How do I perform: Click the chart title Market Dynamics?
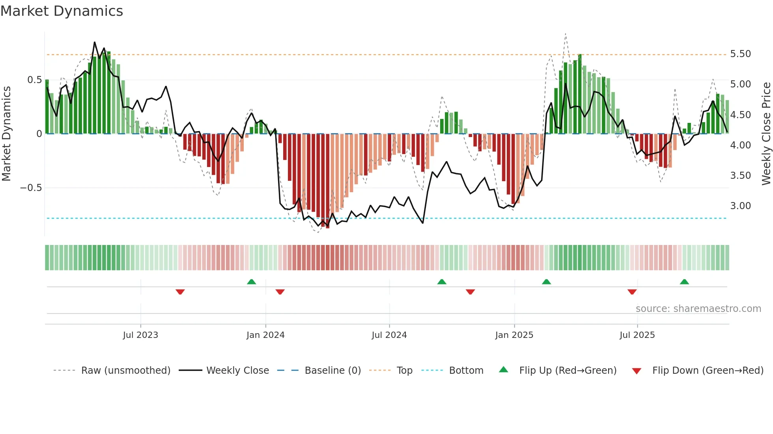coord(62,11)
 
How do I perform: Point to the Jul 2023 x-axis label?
coord(140,335)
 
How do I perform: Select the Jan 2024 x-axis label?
coord(265,335)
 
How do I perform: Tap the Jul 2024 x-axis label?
coord(389,335)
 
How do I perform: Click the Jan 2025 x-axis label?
coord(514,335)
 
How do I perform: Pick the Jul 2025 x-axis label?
coord(637,335)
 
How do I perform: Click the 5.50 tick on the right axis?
coord(740,54)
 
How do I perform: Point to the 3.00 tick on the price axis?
coord(740,206)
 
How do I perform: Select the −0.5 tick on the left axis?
coord(31,188)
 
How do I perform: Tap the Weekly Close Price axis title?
coord(766,134)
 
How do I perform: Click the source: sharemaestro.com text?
coord(698,309)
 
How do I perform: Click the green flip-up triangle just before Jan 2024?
coord(251,282)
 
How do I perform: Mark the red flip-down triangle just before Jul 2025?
coord(632,292)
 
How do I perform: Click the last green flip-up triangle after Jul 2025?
coord(684,282)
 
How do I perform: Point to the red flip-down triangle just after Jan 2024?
coord(280,292)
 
